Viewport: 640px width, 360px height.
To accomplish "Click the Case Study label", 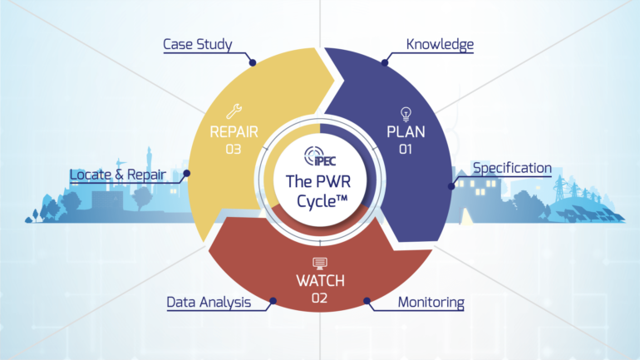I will pyautogui.click(x=198, y=43).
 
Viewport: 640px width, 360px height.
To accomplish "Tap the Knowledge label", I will pyautogui.click(x=439, y=43).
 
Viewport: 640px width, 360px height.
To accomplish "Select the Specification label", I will pyautogui.click(x=511, y=168).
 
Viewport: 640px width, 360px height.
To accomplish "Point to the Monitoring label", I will pyautogui.click(x=430, y=301).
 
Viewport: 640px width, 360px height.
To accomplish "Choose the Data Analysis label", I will pyautogui.click(x=209, y=302).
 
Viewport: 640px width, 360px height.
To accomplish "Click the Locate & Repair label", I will pyautogui.click(x=117, y=175).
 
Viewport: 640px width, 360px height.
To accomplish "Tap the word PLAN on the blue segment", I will pyautogui.click(x=406, y=131).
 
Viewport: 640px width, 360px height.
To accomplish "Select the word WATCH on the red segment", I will pyautogui.click(x=320, y=280).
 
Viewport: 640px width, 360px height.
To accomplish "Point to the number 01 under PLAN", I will pyautogui.click(x=406, y=150).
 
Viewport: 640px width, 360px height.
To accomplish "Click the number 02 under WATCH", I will pyautogui.click(x=320, y=297).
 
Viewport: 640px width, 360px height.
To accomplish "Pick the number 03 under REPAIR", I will pyautogui.click(x=233, y=150).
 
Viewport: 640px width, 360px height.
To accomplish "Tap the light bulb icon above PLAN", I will pyautogui.click(x=406, y=112).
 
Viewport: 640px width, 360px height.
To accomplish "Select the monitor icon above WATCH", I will pyautogui.click(x=320, y=263).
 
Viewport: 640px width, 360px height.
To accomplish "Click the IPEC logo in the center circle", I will pyautogui.click(x=320, y=155).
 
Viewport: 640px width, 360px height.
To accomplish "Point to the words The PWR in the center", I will pyautogui.click(x=320, y=181).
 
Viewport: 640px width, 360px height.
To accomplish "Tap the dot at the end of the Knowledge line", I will pyautogui.click(x=384, y=62).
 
